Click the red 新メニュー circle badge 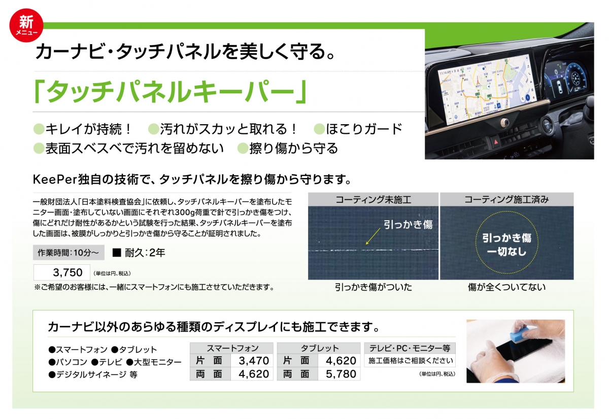tap(26, 25)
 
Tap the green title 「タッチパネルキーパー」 tap(170, 91)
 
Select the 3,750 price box tap(62, 272)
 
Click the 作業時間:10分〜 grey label tap(69, 253)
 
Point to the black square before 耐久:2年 tap(117, 253)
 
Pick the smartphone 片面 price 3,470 tap(254, 361)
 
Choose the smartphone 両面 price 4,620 tap(254, 374)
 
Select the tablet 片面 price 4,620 tap(341, 361)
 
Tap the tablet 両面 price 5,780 tap(341, 374)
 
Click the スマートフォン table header tap(231, 348)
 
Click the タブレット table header tap(319, 348)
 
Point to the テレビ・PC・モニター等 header tap(410, 348)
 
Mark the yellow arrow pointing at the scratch tap(373, 236)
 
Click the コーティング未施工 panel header tap(373, 199)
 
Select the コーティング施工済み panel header tap(506, 199)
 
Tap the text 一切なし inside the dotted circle tap(506, 252)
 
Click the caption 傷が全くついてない tap(506, 287)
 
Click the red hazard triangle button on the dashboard tap(496, 142)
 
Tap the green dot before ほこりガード tap(319, 129)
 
